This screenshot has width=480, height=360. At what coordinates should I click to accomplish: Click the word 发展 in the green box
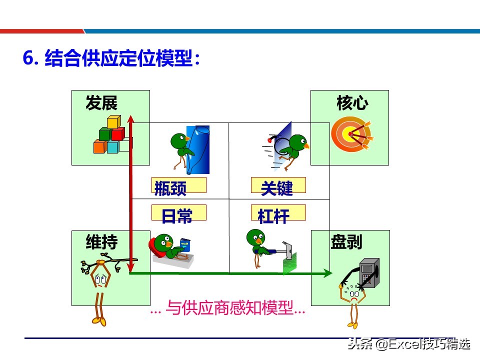pyautogui.click(x=101, y=103)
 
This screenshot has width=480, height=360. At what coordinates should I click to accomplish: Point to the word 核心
pyautogui.click(x=352, y=103)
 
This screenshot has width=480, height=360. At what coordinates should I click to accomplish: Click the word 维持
pyautogui.click(x=101, y=242)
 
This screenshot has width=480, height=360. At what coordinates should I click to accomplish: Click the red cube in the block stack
pyautogui.click(x=118, y=134)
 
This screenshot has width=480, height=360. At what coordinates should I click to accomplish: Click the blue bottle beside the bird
pyautogui.click(x=198, y=148)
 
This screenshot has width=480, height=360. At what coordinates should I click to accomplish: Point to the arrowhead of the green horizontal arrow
pyautogui.click(x=327, y=273)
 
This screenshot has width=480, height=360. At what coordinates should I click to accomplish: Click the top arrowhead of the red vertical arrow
pyautogui.click(x=131, y=118)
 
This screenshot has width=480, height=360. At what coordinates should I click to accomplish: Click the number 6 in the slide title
pyautogui.click(x=28, y=59)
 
